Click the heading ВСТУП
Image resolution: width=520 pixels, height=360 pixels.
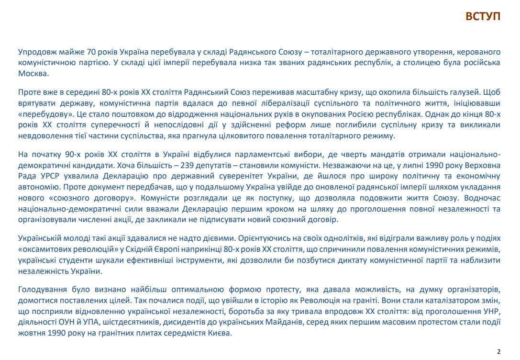483,16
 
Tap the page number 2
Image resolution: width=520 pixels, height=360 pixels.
499,352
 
